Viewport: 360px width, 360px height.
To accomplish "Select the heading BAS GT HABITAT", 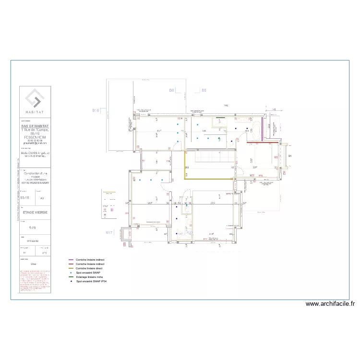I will point(35,126).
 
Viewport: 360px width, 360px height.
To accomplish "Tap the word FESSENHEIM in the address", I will point(35,136).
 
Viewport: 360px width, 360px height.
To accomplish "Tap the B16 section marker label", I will point(96,110).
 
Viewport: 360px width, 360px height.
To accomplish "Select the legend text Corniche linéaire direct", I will point(90,268).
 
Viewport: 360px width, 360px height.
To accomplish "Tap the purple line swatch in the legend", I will point(71,259).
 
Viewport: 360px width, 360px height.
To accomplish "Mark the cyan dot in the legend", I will point(71,272).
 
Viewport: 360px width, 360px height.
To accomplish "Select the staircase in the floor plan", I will point(210,157).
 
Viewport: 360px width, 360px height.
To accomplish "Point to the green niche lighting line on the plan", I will point(220,117).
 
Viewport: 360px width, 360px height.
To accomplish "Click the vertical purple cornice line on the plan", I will point(262,129).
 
